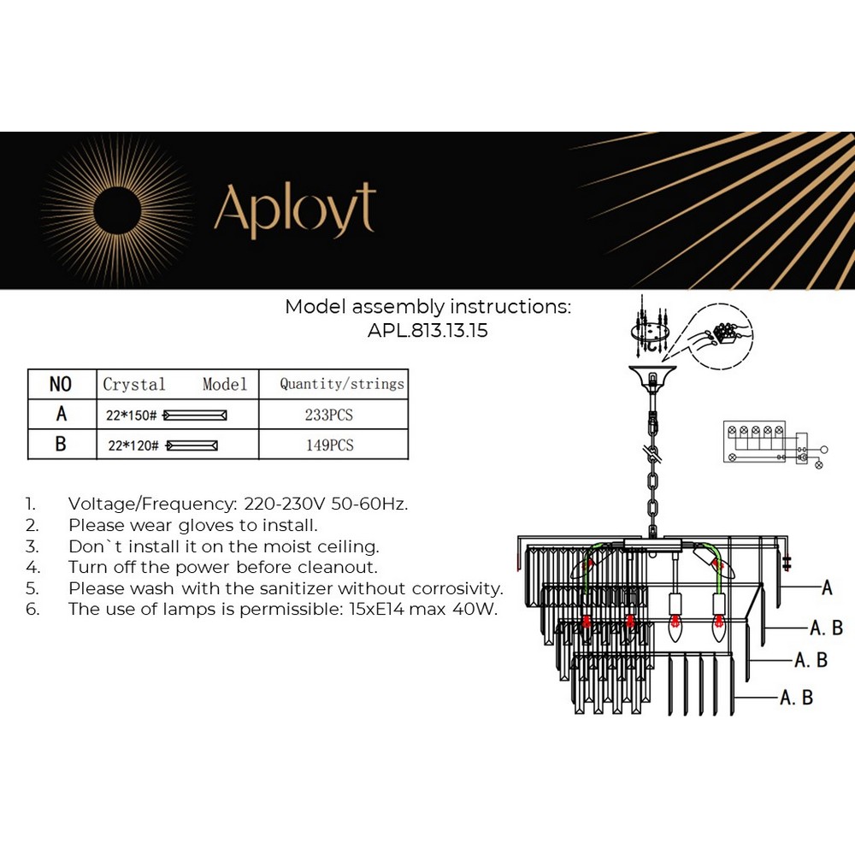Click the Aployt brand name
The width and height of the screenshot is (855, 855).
(x=294, y=209)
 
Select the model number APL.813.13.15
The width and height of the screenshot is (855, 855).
(x=427, y=331)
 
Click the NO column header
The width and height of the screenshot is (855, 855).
(x=61, y=384)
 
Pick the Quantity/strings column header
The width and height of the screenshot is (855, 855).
(x=342, y=384)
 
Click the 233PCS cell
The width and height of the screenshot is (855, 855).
(x=329, y=415)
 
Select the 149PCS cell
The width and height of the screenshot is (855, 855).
(x=329, y=445)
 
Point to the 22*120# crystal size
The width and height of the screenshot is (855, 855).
(x=134, y=445)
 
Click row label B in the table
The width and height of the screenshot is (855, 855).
(x=61, y=445)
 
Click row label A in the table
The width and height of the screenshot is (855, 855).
(x=61, y=415)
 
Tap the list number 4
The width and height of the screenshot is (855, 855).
(x=32, y=567)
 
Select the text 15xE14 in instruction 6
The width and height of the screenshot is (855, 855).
(x=384, y=610)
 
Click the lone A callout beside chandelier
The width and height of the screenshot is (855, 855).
(x=827, y=587)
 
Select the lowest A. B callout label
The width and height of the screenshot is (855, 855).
(x=796, y=698)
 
